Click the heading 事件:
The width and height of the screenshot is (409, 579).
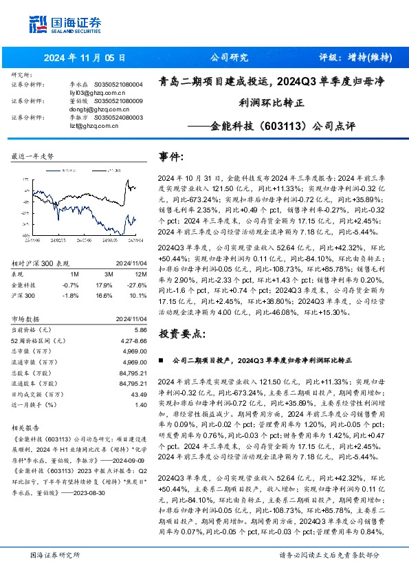[x=171, y=157]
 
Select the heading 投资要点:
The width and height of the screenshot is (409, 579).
[x=181, y=334]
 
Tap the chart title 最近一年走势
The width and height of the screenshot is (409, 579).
[x=33, y=156]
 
